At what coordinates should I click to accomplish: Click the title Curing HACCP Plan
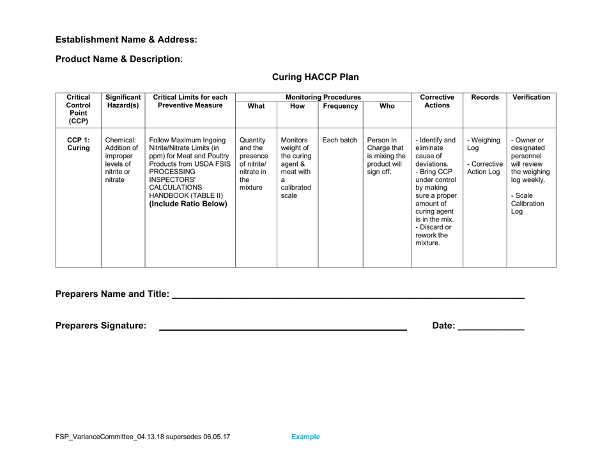pyautogui.click(x=315, y=77)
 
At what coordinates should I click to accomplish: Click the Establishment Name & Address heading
pyautogui.click(x=127, y=40)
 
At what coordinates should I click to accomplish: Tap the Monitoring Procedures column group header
pyautogui.click(x=324, y=97)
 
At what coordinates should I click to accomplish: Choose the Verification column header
pyautogui.click(x=531, y=97)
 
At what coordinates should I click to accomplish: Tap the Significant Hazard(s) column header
pyautogui.click(x=123, y=102)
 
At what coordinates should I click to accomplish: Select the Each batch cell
pyautogui.click(x=339, y=139)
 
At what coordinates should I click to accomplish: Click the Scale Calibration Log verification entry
pyautogui.click(x=526, y=203)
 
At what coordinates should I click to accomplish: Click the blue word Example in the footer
pyautogui.click(x=305, y=437)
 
